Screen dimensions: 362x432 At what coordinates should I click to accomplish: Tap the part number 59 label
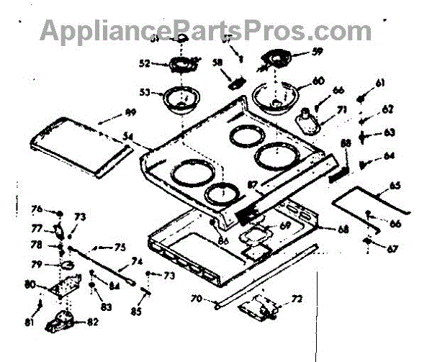(318, 52)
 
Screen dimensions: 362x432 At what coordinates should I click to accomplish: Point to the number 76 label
(37, 209)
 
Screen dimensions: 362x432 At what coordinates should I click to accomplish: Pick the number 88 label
(346, 145)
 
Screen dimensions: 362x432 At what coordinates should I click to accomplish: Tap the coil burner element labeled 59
(277, 57)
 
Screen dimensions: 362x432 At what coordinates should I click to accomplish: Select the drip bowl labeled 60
(279, 96)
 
